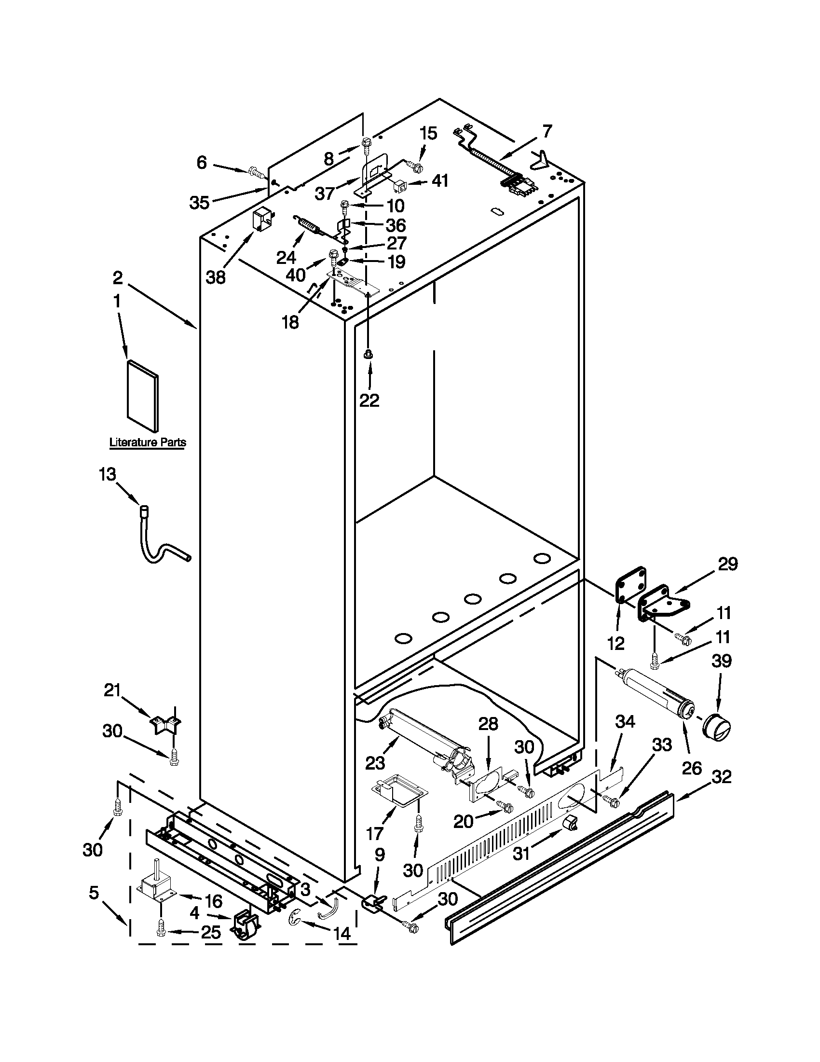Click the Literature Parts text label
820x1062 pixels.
(x=147, y=442)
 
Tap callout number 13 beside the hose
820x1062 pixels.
(x=108, y=474)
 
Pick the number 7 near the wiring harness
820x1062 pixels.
(x=547, y=131)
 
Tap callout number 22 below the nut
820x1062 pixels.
(x=369, y=400)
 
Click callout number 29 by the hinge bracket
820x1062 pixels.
(x=727, y=564)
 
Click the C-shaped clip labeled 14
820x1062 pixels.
(x=295, y=918)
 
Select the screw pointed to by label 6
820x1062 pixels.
(x=255, y=171)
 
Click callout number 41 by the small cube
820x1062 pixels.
(x=439, y=181)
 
